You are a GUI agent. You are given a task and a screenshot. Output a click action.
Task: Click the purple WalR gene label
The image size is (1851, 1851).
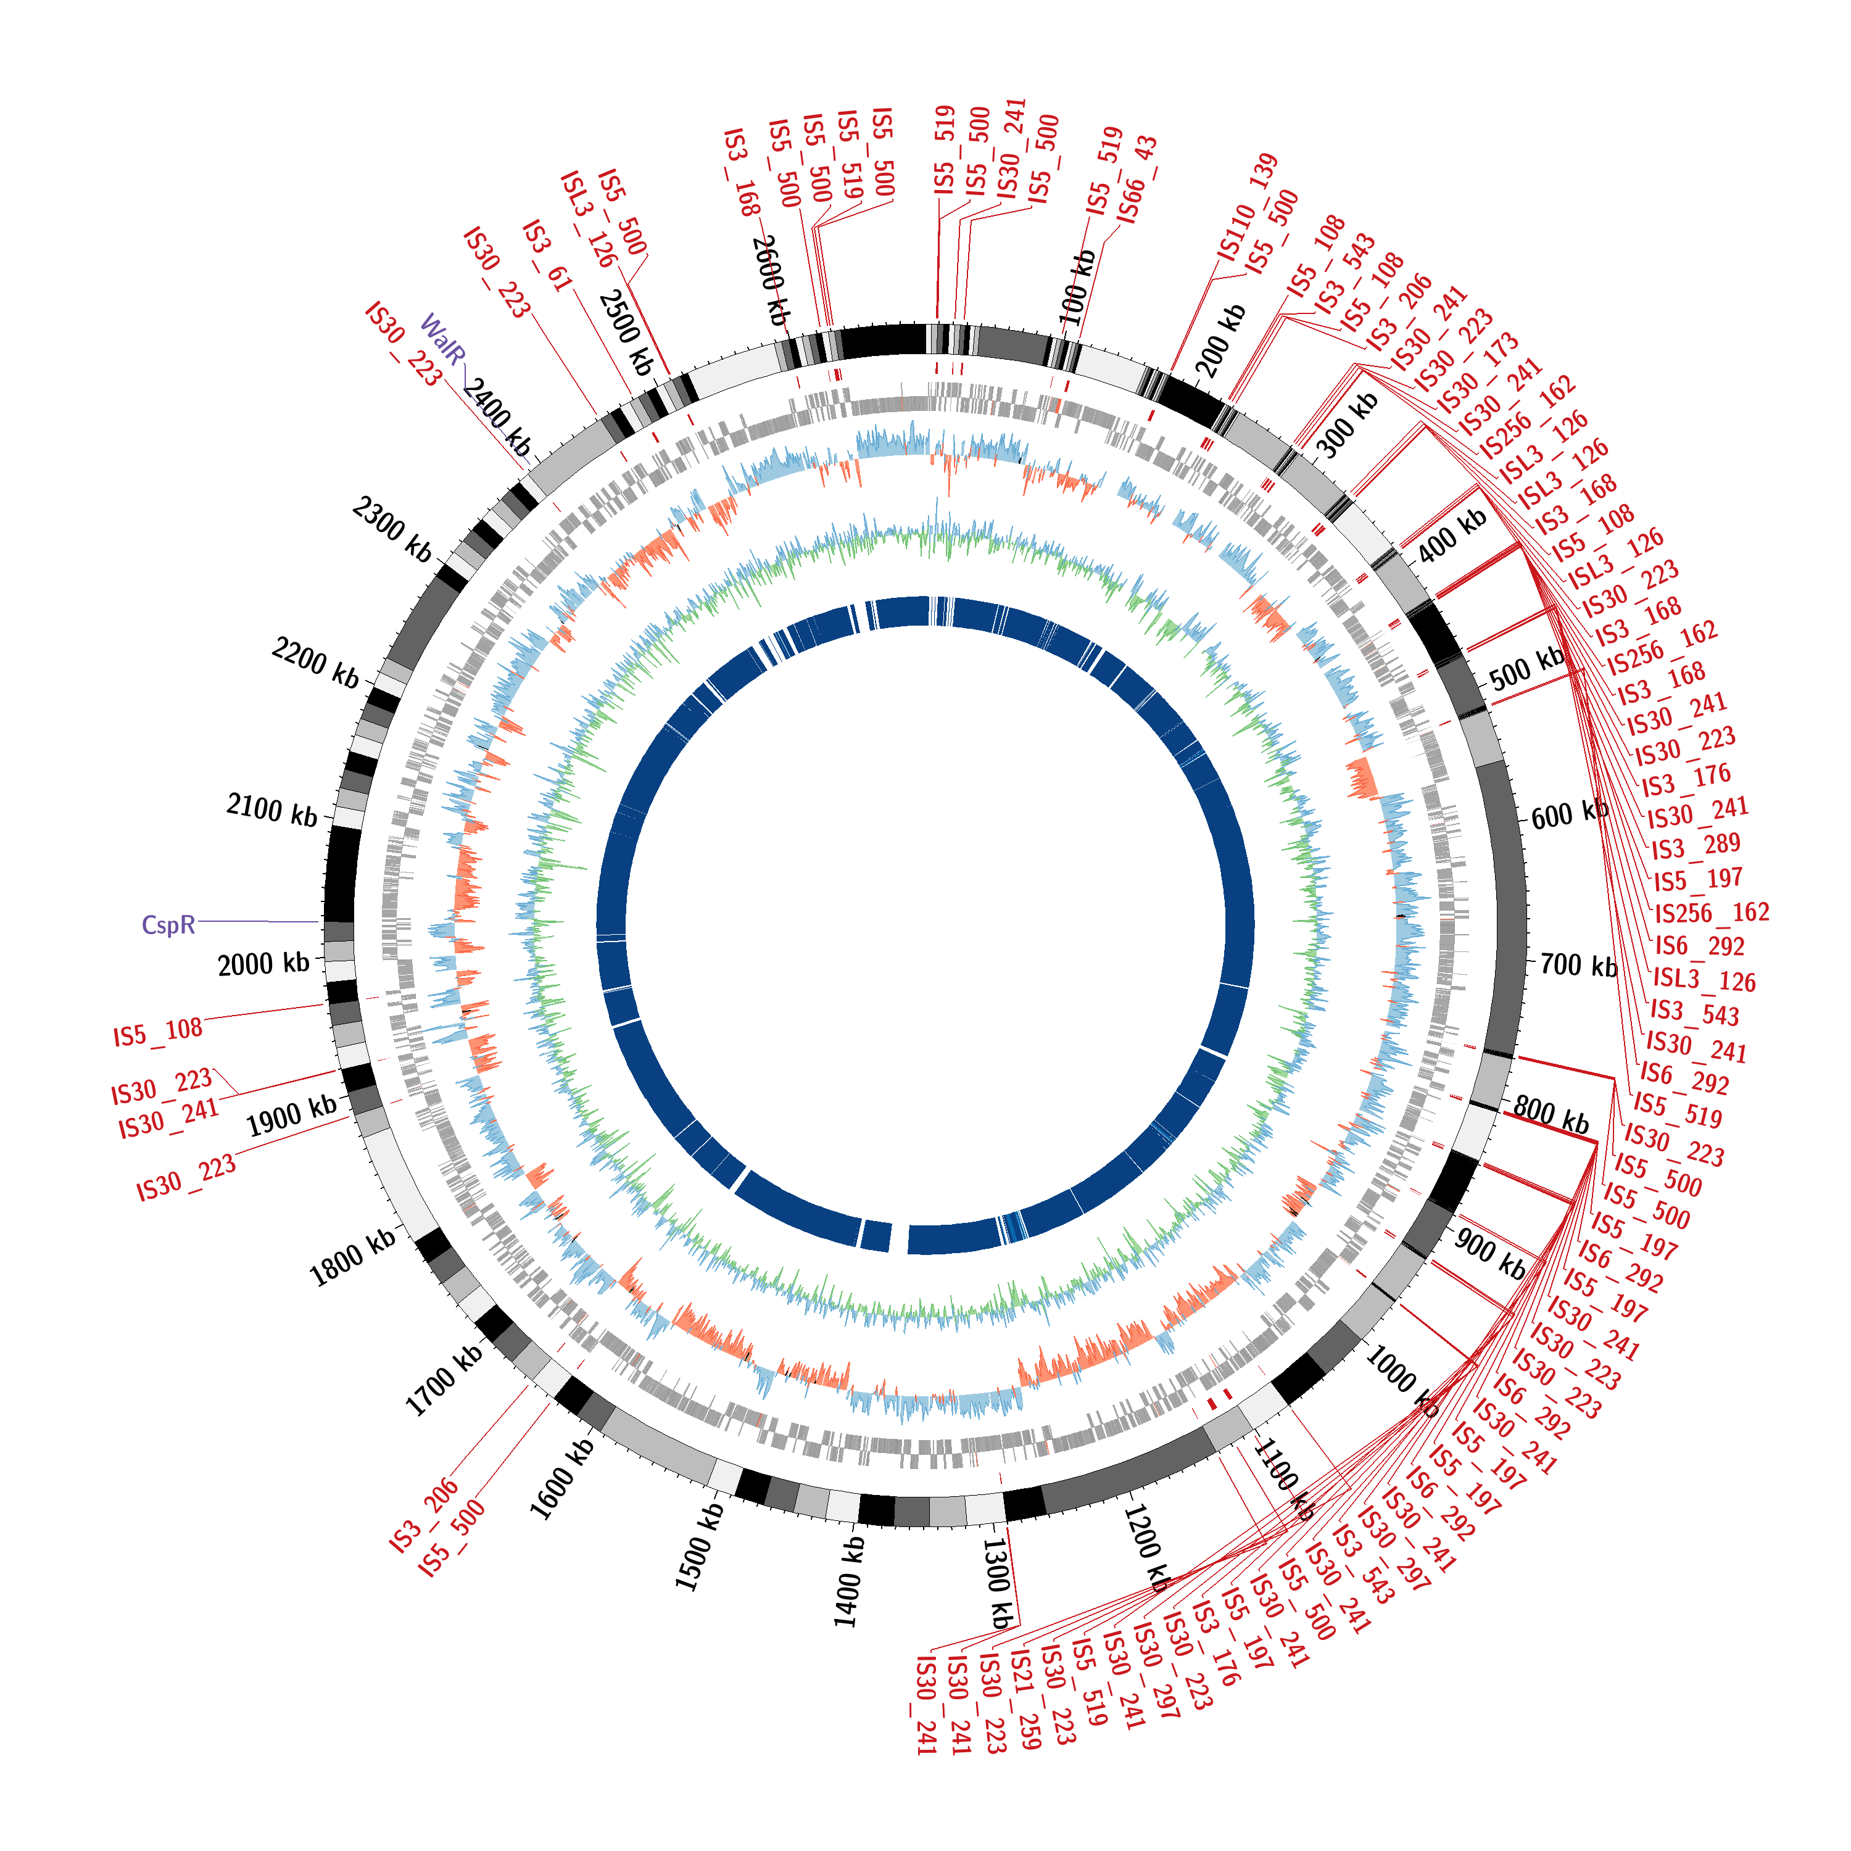(x=442, y=340)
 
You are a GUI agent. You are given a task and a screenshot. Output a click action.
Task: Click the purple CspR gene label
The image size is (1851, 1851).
(x=168, y=924)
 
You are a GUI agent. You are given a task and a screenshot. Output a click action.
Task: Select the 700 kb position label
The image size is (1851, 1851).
(x=1578, y=966)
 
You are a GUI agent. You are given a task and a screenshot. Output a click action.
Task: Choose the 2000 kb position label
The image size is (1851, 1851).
(x=263, y=963)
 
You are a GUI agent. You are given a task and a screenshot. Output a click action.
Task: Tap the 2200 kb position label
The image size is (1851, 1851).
(x=315, y=663)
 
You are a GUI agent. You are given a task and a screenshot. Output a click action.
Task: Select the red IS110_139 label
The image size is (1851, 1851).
(x=1248, y=206)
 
